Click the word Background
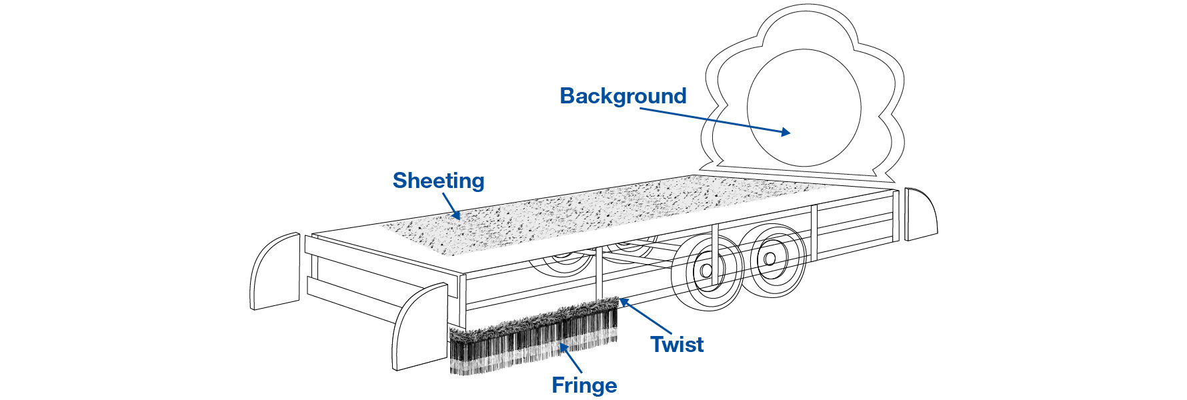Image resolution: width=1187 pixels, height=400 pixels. [623, 97]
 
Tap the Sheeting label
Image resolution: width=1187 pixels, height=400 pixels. [438, 181]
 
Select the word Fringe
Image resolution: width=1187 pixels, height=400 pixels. [584, 385]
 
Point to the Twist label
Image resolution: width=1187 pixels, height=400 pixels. [677, 345]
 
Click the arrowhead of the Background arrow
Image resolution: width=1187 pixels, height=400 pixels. [788, 133]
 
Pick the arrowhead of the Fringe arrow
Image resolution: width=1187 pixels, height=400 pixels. [561, 345]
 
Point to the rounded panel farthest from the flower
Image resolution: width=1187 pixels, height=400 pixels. [275, 271]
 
